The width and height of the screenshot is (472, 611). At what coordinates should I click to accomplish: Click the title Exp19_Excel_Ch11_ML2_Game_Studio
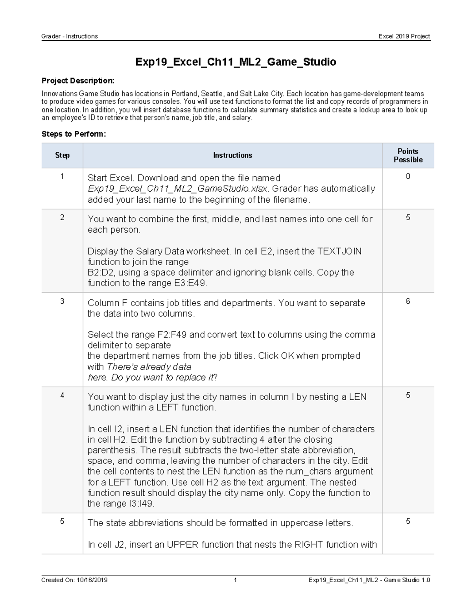236,62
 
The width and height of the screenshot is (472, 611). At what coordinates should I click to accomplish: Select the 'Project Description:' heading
78,81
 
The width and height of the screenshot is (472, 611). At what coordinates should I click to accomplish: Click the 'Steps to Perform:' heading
74,134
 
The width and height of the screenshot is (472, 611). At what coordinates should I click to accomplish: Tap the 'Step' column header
62,155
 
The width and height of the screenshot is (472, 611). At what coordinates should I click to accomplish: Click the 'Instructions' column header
232,155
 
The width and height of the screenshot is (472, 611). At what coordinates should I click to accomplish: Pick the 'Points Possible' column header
408,155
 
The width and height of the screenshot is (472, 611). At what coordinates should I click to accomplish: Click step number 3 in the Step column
62,301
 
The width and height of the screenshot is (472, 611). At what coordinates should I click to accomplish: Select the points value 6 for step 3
408,301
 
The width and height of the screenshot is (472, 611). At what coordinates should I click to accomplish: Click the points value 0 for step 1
408,176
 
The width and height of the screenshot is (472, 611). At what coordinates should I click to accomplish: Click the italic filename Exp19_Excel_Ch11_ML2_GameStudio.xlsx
178,189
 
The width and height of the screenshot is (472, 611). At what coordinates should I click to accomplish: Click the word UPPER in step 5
183,545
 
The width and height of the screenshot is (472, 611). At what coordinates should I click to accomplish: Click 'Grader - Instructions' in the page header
70,36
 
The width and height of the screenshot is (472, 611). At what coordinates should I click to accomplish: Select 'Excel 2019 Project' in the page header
404,36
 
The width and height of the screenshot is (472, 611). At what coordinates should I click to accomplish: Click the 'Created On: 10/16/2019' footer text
74,580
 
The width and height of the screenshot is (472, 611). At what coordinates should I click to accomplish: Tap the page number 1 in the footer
235,580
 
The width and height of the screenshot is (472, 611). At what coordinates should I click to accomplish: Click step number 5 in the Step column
62,521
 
